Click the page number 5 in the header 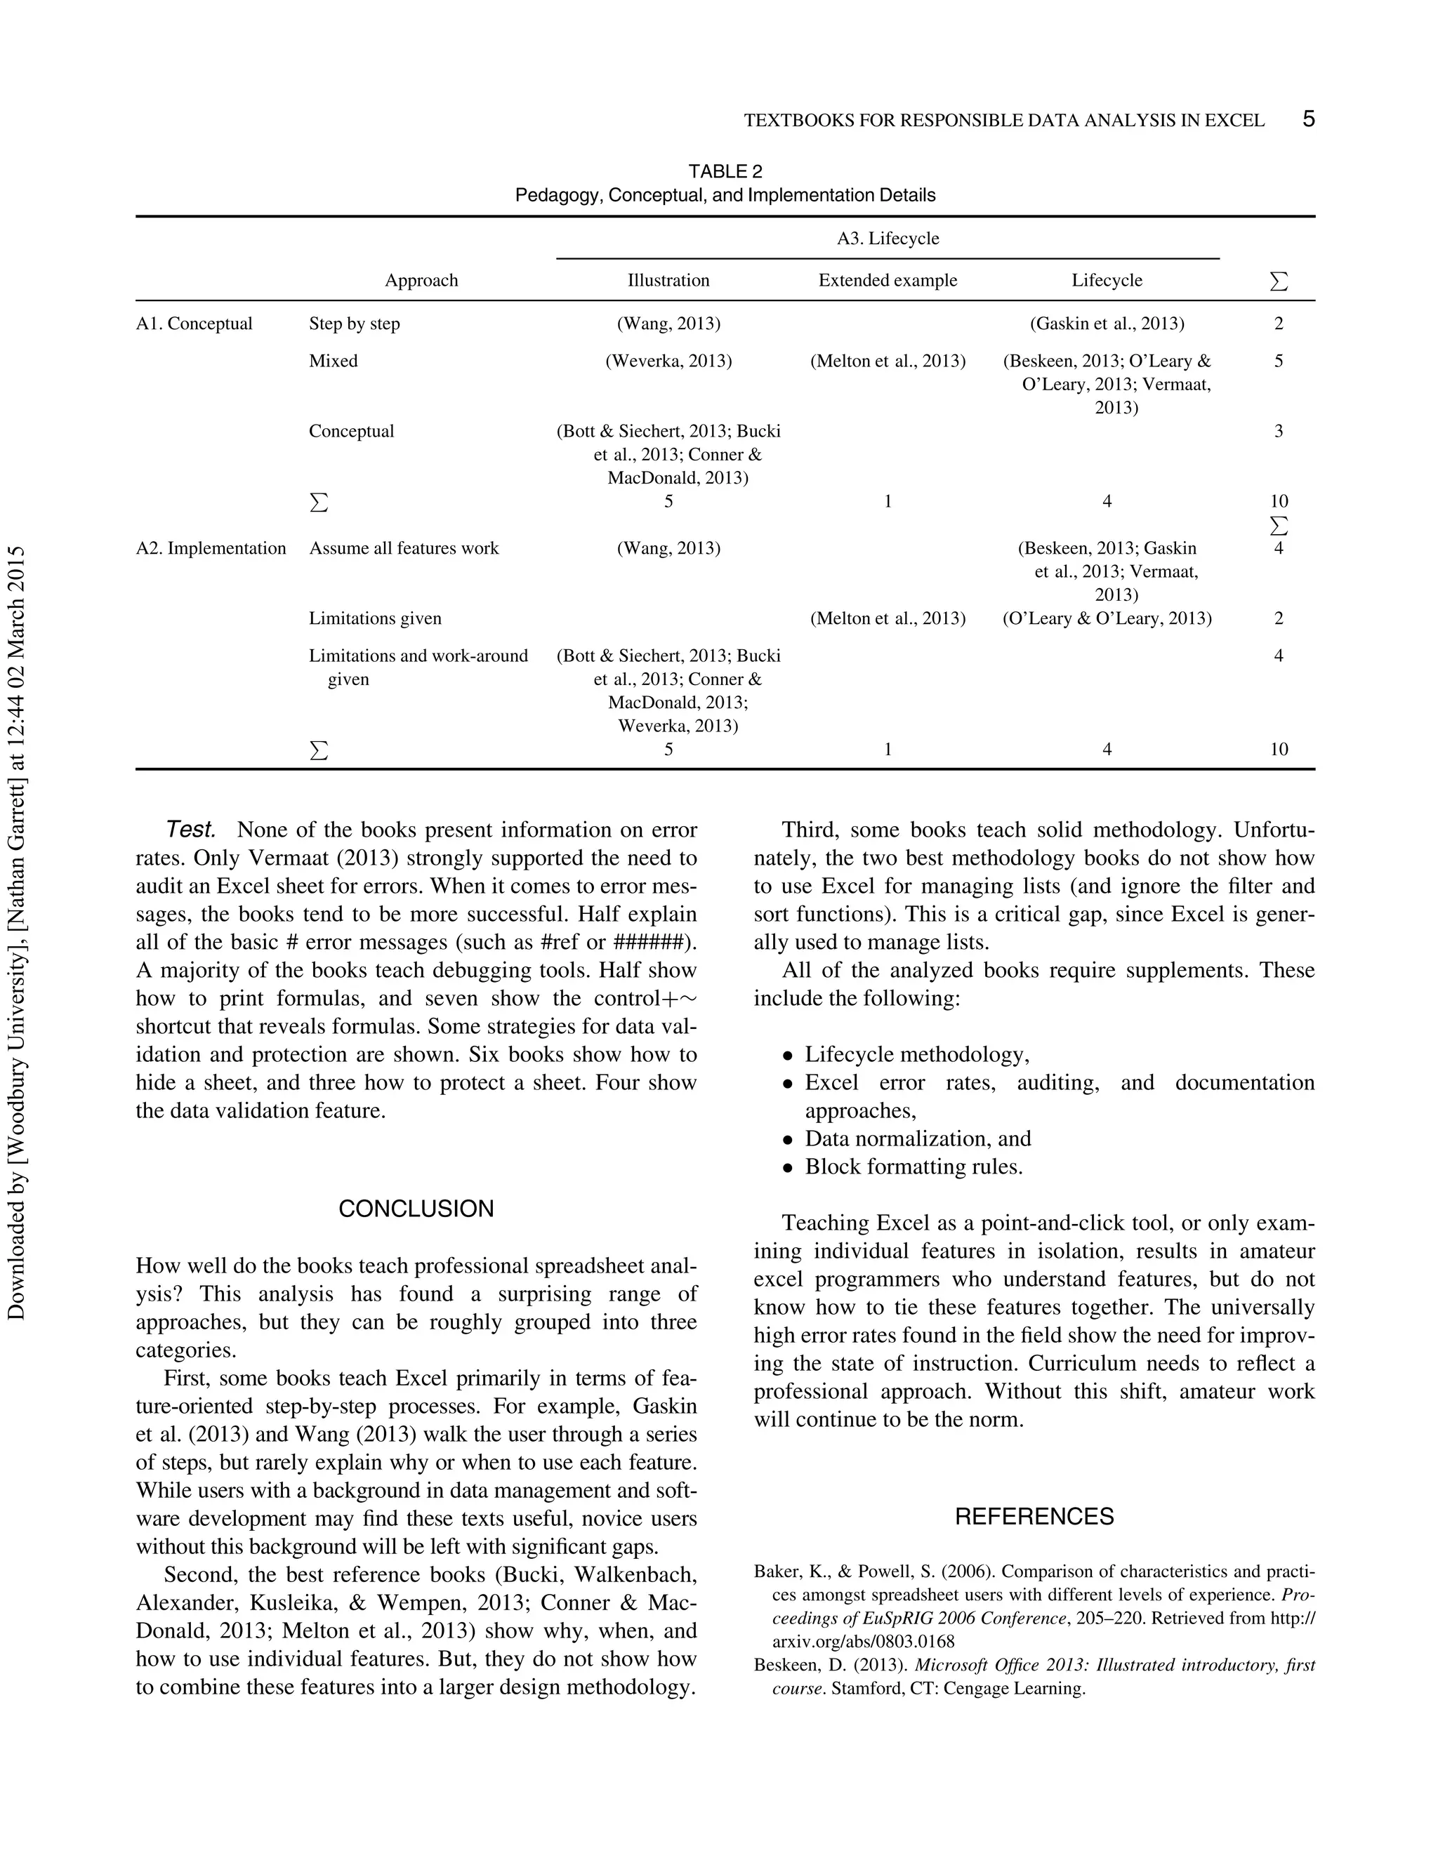pos(1309,119)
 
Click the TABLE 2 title pos(725,171)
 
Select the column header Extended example pos(887,280)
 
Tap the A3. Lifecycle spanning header pos(888,239)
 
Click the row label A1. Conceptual pos(194,324)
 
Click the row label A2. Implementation pos(211,548)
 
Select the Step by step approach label pos(355,324)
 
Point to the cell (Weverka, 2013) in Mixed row pos(668,361)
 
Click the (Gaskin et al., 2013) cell pos(1107,324)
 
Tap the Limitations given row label pos(375,618)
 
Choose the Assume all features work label pos(404,548)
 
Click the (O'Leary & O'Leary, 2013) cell pos(1107,618)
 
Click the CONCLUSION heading pos(416,1209)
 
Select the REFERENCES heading pos(1034,1517)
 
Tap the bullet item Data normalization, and pos(918,1138)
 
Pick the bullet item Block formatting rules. pos(913,1167)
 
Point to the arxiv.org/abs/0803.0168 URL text pos(863,1641)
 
